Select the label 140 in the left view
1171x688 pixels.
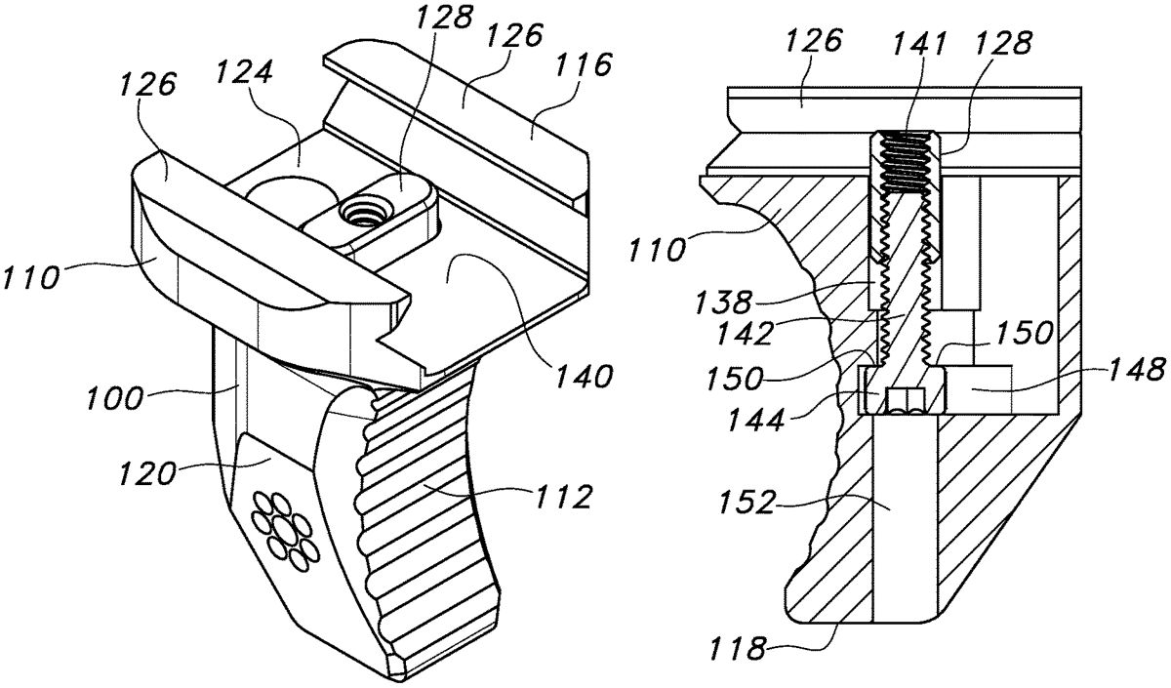584,377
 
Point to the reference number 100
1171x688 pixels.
114,398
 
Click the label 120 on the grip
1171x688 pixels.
145,474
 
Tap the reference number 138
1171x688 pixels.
723,302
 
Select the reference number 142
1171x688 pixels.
745,333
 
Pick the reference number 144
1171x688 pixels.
757,419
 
